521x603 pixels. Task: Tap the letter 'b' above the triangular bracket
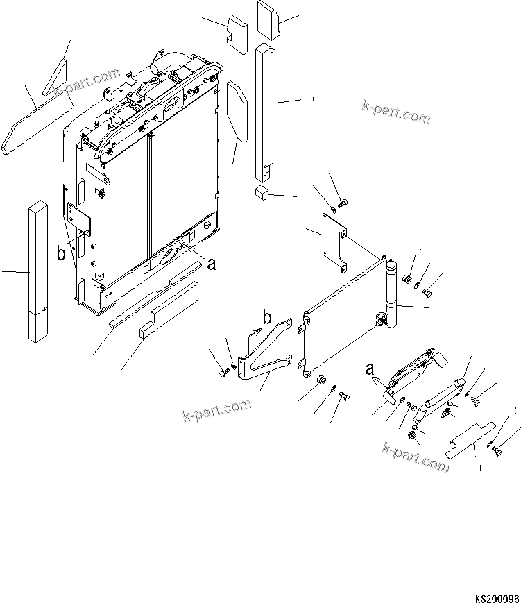pos(266,319)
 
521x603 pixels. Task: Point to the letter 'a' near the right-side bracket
pos(370,369)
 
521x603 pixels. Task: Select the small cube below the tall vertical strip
pos(262,192)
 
